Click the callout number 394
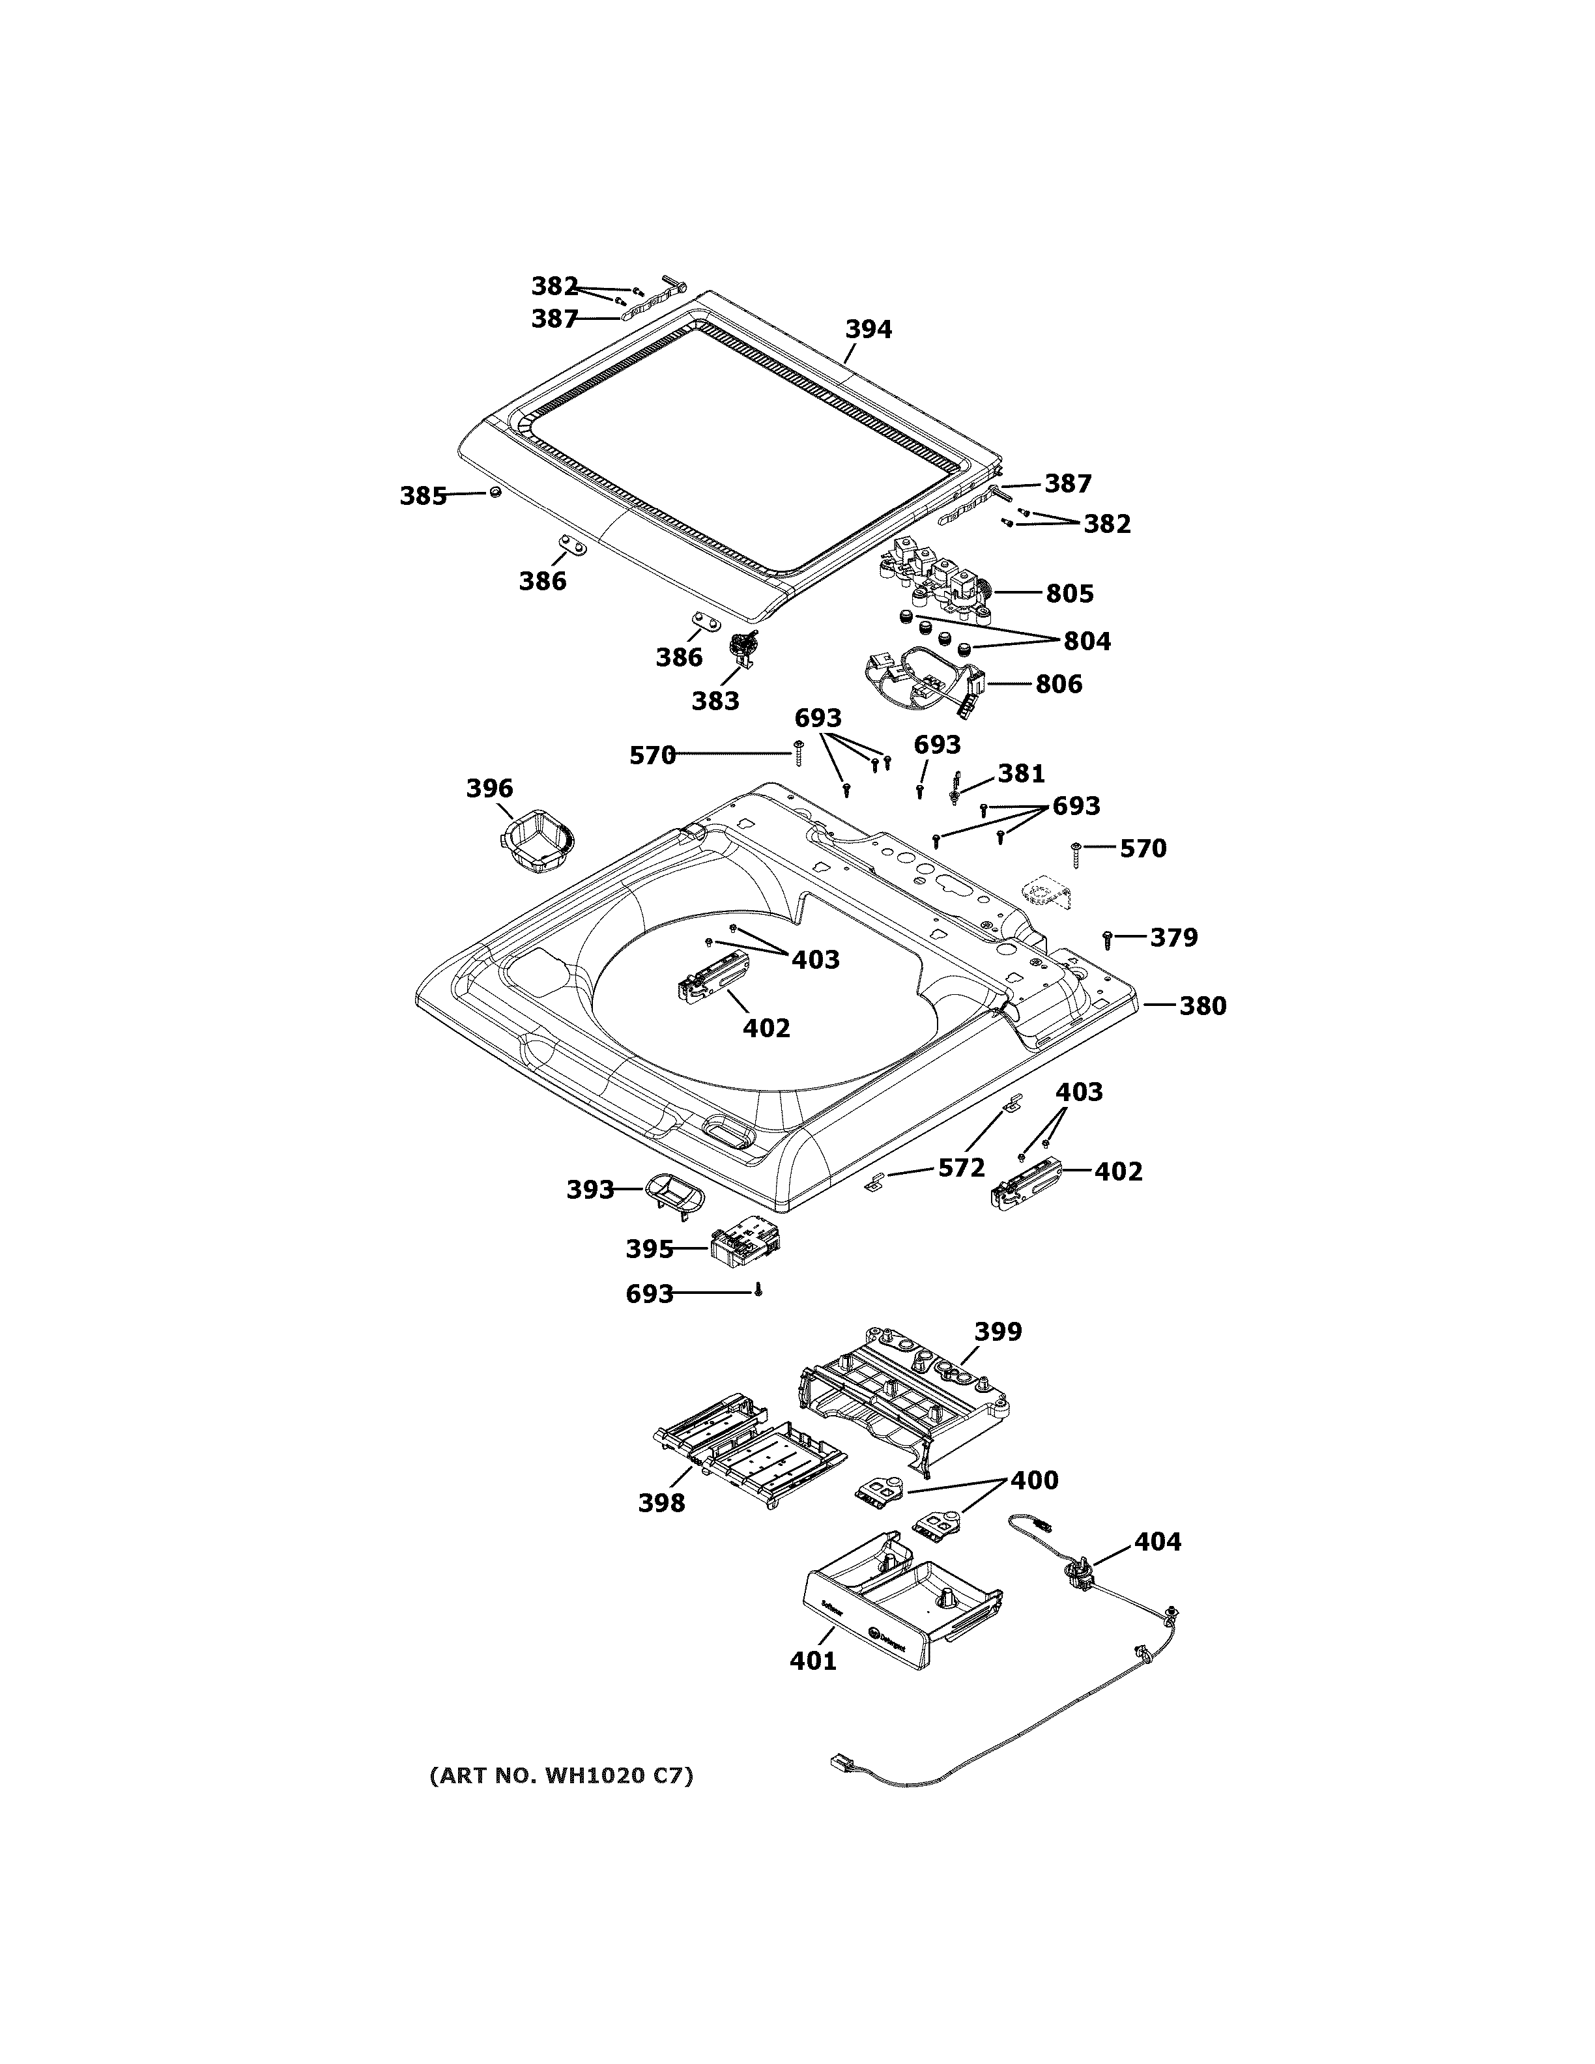coord(867,329)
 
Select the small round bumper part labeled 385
coord(494,493)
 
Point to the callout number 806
coord(1058,683)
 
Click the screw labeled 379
coord(1108,938)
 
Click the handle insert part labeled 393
coord(673,1193)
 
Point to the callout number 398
coord(661,1502)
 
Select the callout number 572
coord(961,1168)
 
